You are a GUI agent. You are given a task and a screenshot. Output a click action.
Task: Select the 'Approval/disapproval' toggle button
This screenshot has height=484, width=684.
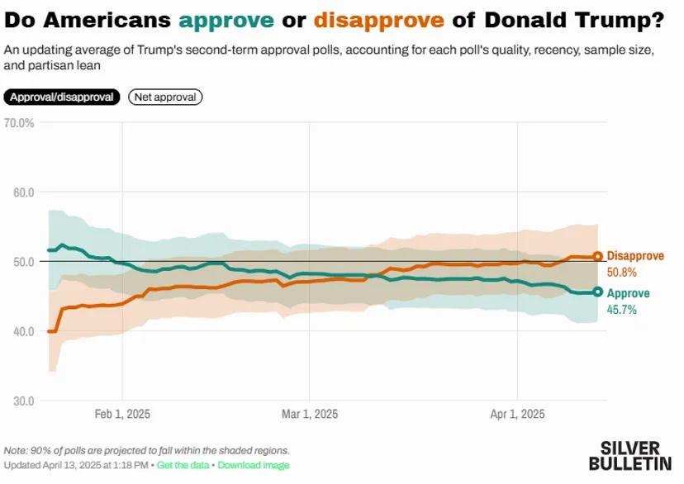click(x=63, y=97)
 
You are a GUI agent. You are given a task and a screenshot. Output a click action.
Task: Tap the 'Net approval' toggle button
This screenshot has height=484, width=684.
click(x=165, y=97)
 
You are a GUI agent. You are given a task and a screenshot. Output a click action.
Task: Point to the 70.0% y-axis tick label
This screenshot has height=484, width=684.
click(x=19, y=123)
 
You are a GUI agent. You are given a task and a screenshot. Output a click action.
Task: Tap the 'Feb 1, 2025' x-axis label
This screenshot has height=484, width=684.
click(x=122, y=414)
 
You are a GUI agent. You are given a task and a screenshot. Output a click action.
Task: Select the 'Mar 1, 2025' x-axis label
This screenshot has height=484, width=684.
click(x=309, y=414)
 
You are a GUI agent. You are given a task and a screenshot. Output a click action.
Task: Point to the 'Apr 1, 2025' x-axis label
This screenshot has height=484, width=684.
click(x=517, y=414)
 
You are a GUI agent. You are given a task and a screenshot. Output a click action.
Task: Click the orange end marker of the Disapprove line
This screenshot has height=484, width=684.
click(x=598, y=257)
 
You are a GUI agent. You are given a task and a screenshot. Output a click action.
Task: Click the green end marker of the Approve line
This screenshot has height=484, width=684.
click(x=598, y=292)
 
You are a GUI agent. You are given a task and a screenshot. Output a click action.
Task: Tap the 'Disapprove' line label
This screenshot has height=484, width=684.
click(x=634, y=256)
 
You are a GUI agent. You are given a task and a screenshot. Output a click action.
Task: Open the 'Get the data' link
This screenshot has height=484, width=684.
click(x=182, y=466)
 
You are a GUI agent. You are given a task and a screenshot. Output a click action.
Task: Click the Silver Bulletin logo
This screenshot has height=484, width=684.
click(x=632, y=453)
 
